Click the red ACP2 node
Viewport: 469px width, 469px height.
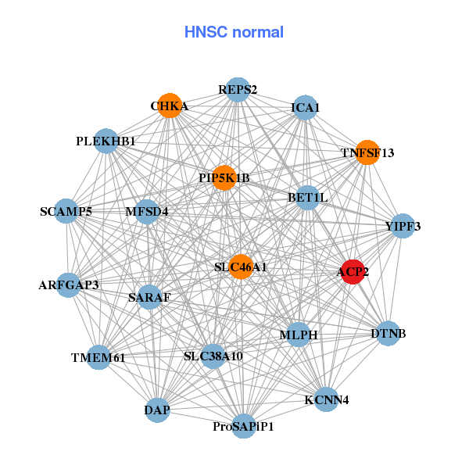(x=353, y=272)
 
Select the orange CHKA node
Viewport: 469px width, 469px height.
(x=170, y=106)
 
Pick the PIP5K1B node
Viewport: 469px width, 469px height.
(x=224, y=178)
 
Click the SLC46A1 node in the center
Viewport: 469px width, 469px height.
(x=241, y=267)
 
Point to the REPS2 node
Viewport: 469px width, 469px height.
(x=238, y=90)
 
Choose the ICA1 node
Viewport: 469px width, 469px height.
(x=305, y=108)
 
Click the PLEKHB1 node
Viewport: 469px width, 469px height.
(x=106, y=141)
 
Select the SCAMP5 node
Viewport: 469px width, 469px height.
(x=66, y=212)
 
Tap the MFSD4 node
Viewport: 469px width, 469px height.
(x=147, y=211)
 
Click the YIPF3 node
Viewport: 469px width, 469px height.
(x=403, y=227)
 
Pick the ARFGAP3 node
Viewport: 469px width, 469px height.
(x=69, y=285)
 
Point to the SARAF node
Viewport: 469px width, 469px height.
(x=149, y=297)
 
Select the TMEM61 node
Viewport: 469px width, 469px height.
(x=98, y=358)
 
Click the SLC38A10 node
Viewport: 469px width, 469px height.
(x=213, y=356)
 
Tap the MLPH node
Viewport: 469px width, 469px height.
(x=299, y=335)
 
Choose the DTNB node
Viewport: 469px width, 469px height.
(x=388, y=335)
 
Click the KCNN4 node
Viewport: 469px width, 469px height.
(x=327, y=400)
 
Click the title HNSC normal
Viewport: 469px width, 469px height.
(x=234, y=32)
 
